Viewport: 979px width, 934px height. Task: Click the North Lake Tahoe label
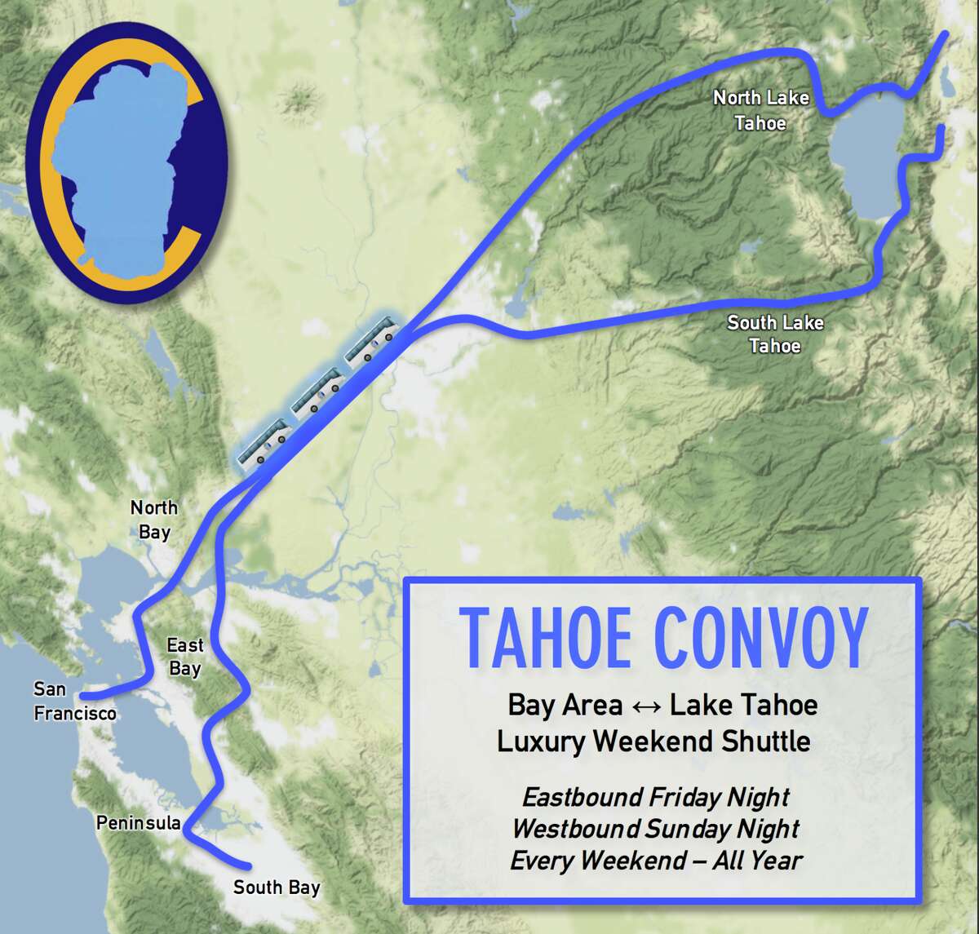[760, 110]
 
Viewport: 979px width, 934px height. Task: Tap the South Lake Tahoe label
[775, 334]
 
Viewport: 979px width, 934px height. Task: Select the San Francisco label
[73, 702]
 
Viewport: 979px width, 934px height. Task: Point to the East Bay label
[185, 657]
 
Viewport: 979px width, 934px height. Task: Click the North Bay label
[154, 520]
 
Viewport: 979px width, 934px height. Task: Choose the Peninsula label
[138, 823]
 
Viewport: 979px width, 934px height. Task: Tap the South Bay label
[277, 888]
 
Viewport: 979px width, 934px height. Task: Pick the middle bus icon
[318, 392]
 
